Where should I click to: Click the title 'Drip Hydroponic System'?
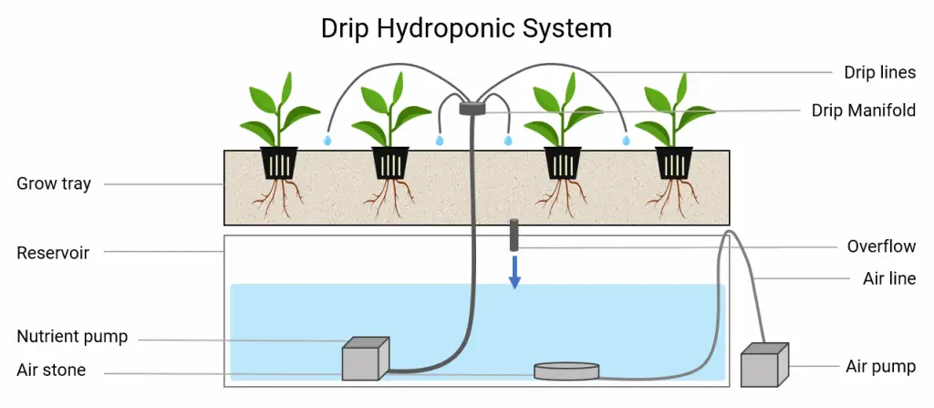point(466,28)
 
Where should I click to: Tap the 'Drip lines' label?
point(880,73)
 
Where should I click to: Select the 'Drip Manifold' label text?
point(864,110)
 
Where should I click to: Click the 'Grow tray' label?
point(54,183)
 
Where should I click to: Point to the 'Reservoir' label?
point(53,252)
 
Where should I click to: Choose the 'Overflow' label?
point(882,246)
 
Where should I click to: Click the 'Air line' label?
point(889,278)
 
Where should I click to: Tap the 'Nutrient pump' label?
point(72,337)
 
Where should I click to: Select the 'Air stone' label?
point(51,370)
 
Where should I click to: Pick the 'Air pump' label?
point(881,367)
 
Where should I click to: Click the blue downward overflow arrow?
point(515,272)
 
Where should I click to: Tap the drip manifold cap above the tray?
point(472,108)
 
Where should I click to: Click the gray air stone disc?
point(566,371)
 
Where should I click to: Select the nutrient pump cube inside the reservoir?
point(365,358)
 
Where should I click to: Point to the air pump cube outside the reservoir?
point(764,364)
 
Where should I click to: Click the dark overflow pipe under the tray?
point(514,235)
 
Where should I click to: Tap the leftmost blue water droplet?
point(327,141)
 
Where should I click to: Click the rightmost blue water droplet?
point(626,141)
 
